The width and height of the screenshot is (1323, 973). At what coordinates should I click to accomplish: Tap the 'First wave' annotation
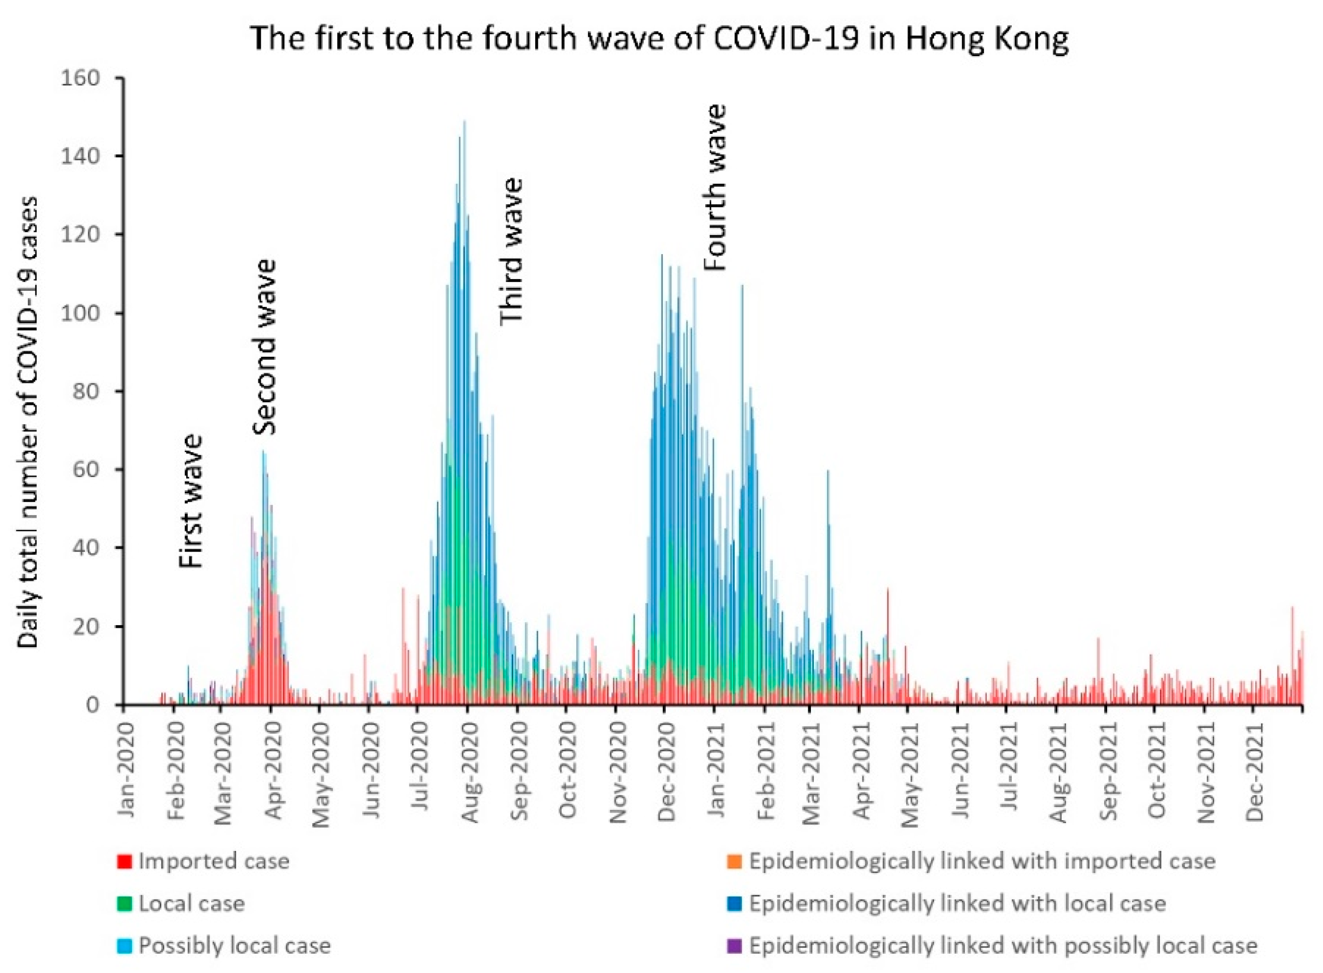pos(191,501)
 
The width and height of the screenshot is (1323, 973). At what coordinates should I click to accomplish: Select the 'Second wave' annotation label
pos(265,347)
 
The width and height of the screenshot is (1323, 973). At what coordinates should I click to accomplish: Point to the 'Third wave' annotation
pos(511,251)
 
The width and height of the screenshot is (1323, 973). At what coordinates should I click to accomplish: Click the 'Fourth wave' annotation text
pos(716,187)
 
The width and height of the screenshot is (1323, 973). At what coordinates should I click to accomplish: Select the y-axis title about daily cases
pos(28,422)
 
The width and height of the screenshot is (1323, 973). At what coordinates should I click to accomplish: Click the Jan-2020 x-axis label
pos(126,760)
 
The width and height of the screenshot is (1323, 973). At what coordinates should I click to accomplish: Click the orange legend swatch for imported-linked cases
pos(735,862)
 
